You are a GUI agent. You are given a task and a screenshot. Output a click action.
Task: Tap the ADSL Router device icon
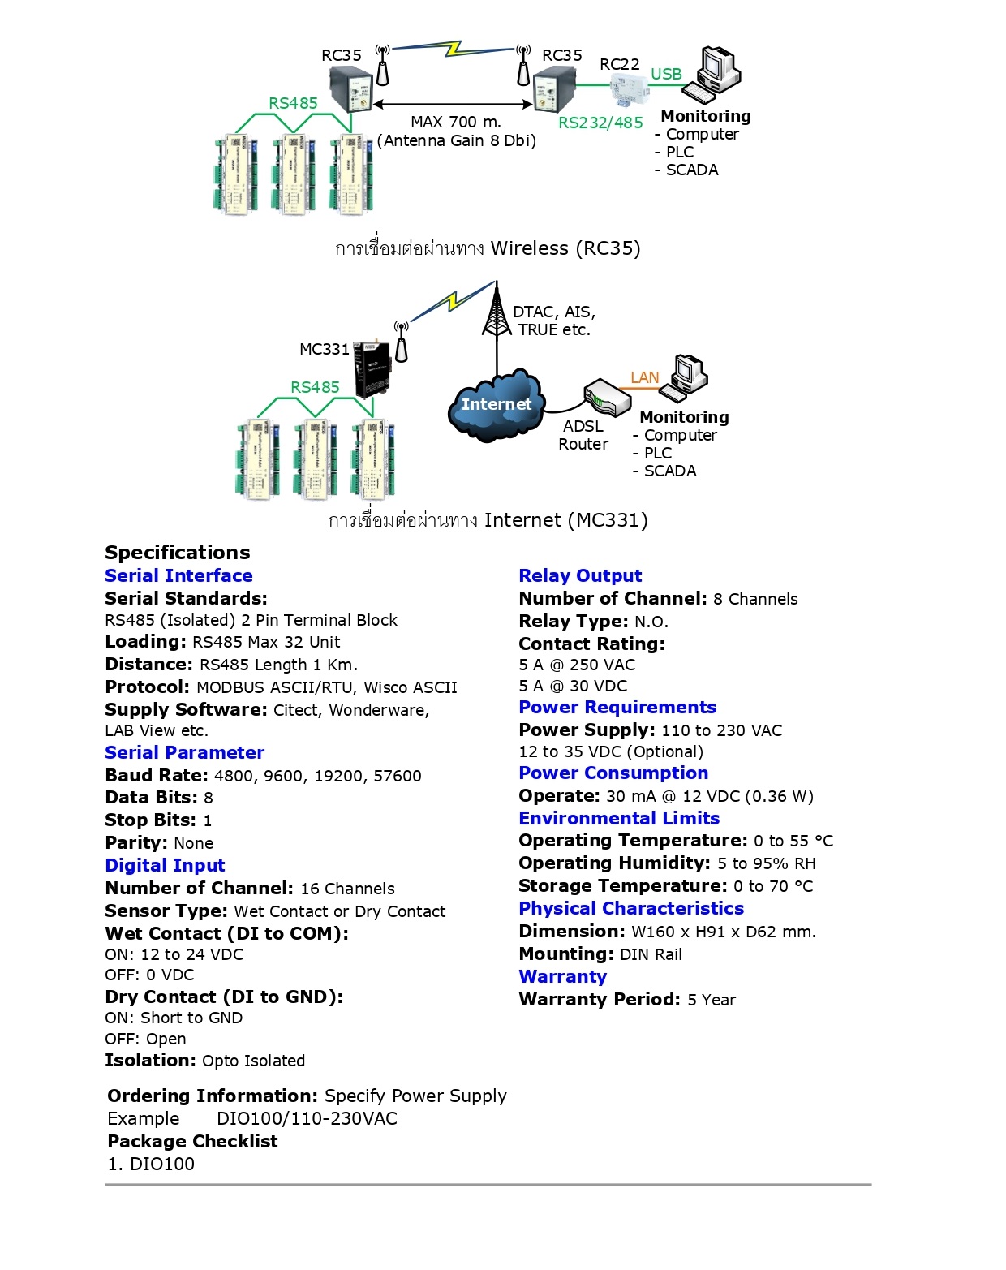tap(607, 397)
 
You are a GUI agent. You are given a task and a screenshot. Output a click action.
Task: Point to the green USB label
tap(666, 74)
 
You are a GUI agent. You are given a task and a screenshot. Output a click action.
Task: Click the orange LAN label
tap(645, 377)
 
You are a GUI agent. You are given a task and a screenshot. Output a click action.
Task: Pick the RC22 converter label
tap(619, 64)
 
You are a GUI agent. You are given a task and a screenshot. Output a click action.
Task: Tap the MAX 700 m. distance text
tap(456, 122)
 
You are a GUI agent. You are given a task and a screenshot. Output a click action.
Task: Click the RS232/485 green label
tap(600, 123)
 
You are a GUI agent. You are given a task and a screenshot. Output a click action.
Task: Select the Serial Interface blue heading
tap(178, 575)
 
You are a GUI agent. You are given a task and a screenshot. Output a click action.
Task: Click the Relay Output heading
tap(580, 575)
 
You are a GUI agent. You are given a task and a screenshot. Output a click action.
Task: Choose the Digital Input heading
tap(165, 865)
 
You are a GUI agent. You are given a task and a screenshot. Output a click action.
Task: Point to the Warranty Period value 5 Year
tap(712, 1000)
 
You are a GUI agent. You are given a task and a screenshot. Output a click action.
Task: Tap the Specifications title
tap(177, 553)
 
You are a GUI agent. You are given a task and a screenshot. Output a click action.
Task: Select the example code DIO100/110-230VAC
tap(307, 1118)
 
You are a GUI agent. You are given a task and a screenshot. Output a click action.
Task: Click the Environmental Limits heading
tap(619, 818)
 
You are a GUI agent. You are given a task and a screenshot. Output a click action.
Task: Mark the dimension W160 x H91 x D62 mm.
tap(724, 932)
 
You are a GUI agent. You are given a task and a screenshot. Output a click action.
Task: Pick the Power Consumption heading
tap(613, 773)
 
